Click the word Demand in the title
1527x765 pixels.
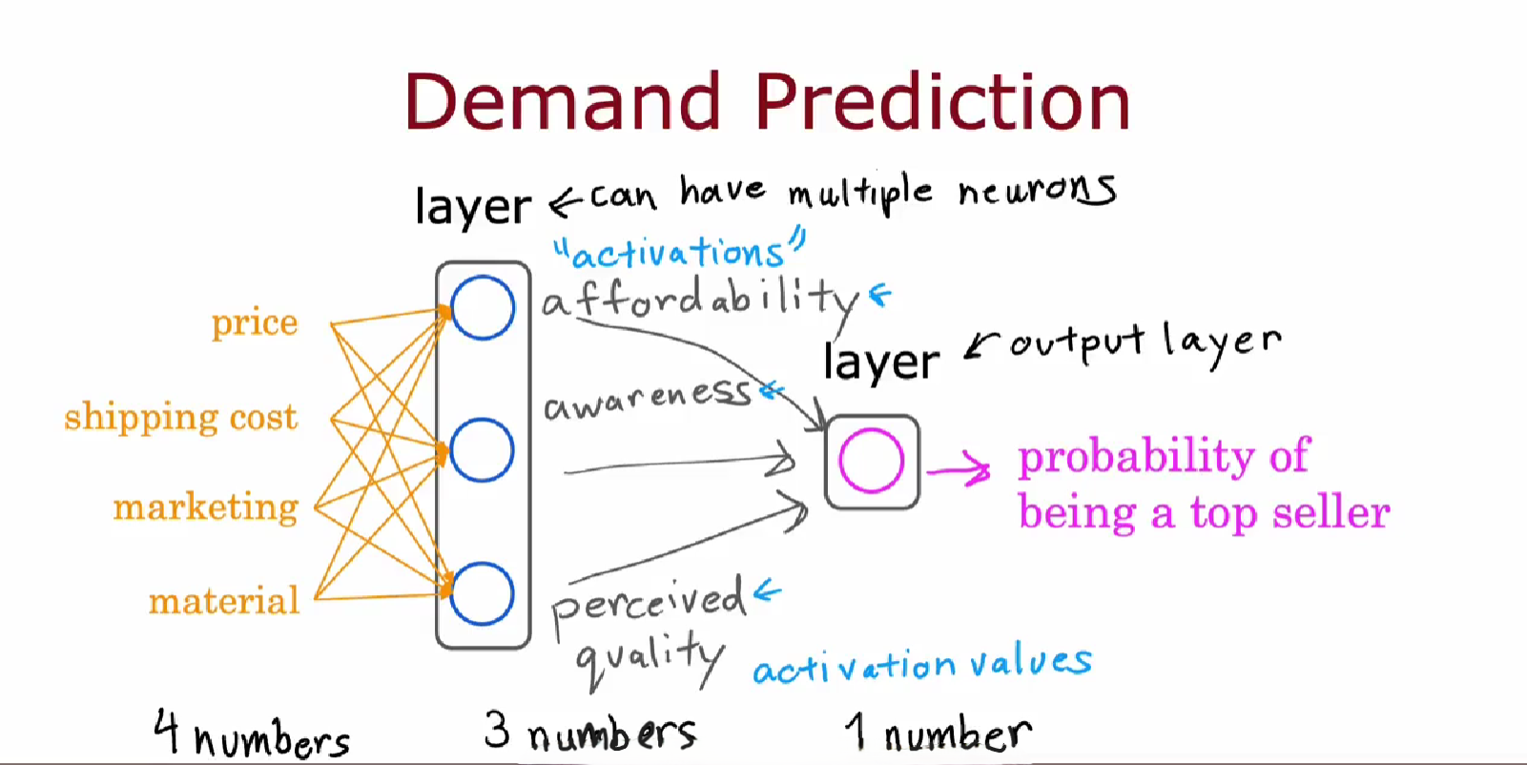click(563, 101)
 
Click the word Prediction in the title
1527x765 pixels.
click(943, 101)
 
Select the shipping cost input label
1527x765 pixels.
click(180, 417)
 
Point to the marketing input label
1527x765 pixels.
click(206, 508)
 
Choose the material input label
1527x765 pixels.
click(224, 601)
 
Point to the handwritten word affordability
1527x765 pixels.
click(701, 302)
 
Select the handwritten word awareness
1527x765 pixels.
click(647, 401)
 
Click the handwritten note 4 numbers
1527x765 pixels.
click(252, 734)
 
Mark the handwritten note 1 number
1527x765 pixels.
click(939, 733)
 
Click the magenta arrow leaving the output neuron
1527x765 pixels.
click(958, 469)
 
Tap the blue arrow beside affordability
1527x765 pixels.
click(880, 295)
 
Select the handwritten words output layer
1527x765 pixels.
click(1145, 343)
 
